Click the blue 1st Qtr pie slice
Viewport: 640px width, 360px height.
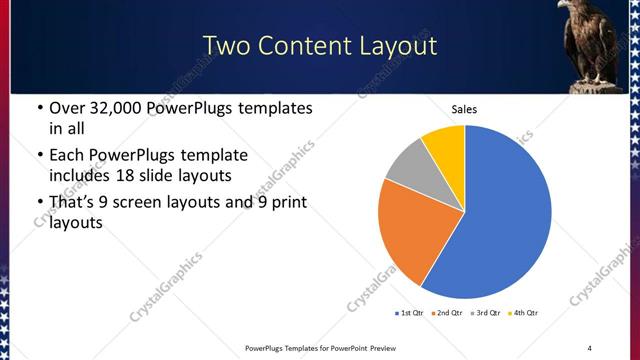pyautogui.click(x=505, y=215)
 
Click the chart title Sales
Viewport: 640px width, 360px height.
pyautogui.click(x=465, y=108)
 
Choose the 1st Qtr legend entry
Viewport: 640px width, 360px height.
pyautogui.click(x=410, y=313)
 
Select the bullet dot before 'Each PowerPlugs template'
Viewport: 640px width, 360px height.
pyautogui.click(x=39, y=156)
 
